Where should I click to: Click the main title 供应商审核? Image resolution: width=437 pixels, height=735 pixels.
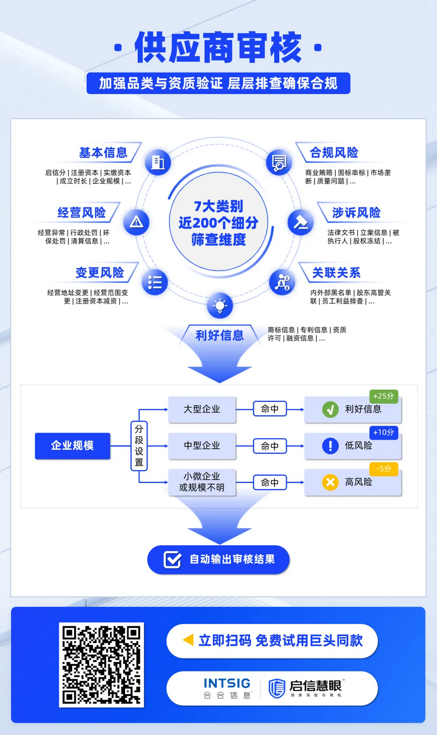(x=218, y=48)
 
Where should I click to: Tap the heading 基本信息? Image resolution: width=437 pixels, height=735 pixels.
(x=103, y=152)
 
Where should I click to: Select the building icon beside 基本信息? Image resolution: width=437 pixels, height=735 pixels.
(x=157, y=162)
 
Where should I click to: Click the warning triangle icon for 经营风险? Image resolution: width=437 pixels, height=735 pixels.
(x=136, y=222)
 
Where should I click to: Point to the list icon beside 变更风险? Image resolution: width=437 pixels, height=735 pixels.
(x=155, y=282)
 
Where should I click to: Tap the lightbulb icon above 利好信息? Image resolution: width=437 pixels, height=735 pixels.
(x=220, y=306)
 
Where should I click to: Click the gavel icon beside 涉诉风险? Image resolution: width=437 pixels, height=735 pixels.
(x=301, y=222)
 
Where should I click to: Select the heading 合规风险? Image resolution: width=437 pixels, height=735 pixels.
(x=334, y=152)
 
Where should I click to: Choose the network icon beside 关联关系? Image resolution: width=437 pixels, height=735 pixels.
(x=282, y=282)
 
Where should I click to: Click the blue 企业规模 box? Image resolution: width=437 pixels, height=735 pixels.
(x=72, y=446)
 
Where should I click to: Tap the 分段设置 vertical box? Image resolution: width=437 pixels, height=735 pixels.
(x=139, y=446)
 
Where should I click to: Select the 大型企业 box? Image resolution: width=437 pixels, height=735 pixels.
(x=202, y=409)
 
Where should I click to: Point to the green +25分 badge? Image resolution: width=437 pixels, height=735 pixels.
(x=384, y=395)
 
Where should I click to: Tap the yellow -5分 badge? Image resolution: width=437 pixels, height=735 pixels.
(x=384, y=469)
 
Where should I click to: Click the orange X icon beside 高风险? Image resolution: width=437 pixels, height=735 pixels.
(x=330, y=482)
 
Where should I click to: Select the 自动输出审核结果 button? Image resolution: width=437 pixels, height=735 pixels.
(x=218, y=559)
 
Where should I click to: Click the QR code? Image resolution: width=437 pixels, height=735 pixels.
(x=102, y=664)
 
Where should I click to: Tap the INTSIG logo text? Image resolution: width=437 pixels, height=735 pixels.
(x=227, y=683)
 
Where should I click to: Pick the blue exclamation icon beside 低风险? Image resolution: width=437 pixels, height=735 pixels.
(x=330, y=446)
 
